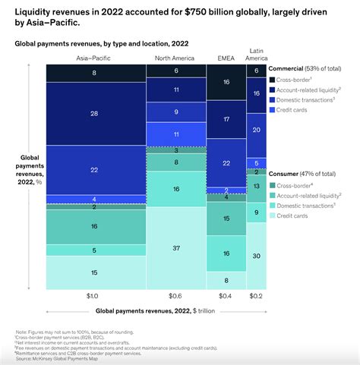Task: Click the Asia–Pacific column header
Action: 93,58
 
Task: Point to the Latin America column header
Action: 257,55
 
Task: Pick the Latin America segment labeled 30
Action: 257,256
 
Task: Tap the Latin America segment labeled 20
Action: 257,130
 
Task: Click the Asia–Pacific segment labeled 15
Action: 93,273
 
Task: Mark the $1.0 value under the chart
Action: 93,296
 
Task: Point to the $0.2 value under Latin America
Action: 257,296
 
